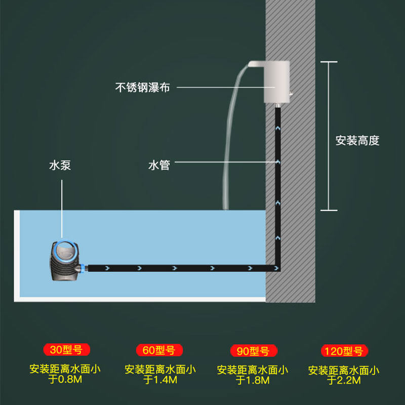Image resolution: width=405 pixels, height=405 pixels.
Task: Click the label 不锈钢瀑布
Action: [142, 88]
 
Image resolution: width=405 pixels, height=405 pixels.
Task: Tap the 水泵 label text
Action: [60, 165]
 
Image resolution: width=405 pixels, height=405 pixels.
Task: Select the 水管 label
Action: [159, 165]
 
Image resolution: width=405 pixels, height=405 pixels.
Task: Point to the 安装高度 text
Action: [357, 141]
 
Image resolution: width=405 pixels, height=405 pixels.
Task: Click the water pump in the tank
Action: [64, 260]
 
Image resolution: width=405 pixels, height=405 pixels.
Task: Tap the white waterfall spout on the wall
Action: [273, 81]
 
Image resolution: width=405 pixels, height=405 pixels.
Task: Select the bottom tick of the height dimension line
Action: [329, 210]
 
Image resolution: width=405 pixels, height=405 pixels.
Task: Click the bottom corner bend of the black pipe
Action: [277, 267]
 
